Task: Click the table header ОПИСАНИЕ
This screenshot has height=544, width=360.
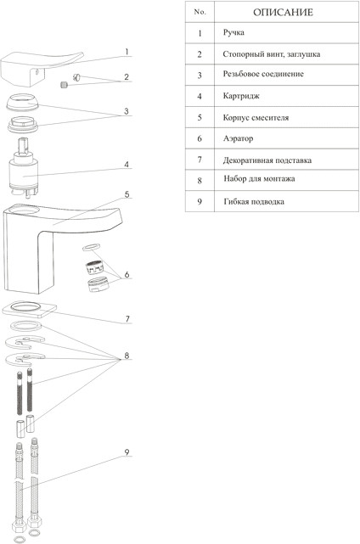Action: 283,12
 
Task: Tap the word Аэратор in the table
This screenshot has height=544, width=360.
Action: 238,138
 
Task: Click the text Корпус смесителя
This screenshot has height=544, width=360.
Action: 256,118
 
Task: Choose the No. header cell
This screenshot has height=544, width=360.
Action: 200,12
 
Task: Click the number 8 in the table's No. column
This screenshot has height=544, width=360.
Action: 200,181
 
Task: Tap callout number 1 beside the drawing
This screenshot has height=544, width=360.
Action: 127,52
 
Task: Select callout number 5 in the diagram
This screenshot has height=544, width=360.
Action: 127,194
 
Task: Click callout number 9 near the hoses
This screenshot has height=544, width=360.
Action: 127,452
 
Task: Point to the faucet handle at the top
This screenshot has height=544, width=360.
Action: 42,69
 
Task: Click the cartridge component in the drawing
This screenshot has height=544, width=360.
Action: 23,168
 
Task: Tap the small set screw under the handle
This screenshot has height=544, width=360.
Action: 64,85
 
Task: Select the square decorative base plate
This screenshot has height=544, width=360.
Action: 30,309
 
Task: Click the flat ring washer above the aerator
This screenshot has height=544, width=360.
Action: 92,247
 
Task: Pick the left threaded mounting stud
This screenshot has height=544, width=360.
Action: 20,393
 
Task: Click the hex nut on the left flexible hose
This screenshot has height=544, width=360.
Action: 20,527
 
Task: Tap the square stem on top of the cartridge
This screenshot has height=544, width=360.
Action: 23,145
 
